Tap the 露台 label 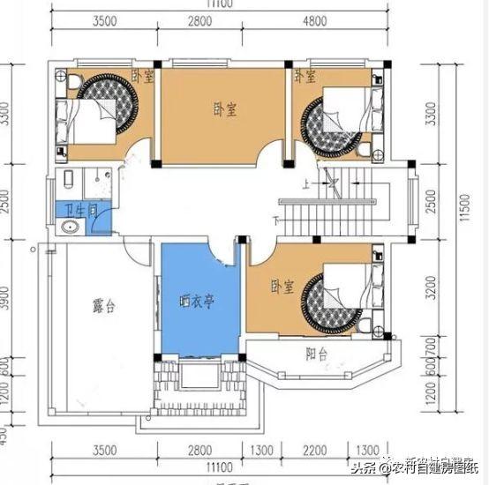click(x=104, y=306)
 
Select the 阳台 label click(x=317, y=355)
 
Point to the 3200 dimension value click(x=431, y=287)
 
